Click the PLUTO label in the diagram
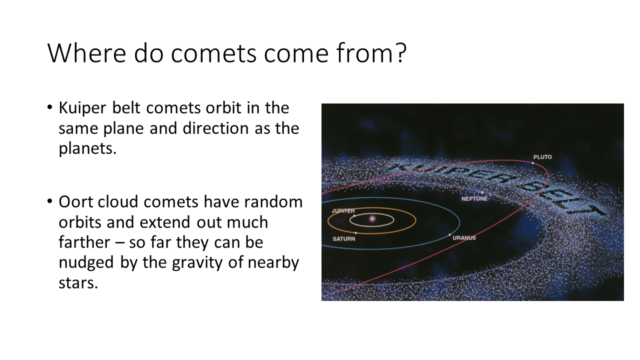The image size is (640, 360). point(542,157)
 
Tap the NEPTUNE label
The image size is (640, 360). point(474,198)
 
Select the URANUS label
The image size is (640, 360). point(464,237)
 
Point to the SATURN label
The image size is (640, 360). point(343,239)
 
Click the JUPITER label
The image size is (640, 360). point(343,211)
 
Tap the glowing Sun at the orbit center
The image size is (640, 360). point(372,219)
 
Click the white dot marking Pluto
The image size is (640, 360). point(533,163)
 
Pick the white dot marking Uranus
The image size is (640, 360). point(449,235)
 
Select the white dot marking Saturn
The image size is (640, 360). point(355,233)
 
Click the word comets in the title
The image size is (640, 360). point(213,53)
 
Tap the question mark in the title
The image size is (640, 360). point(401,52)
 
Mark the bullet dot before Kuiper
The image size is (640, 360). point(50,107)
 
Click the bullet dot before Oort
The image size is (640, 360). point(50,201)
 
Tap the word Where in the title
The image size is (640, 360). point(86,53)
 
